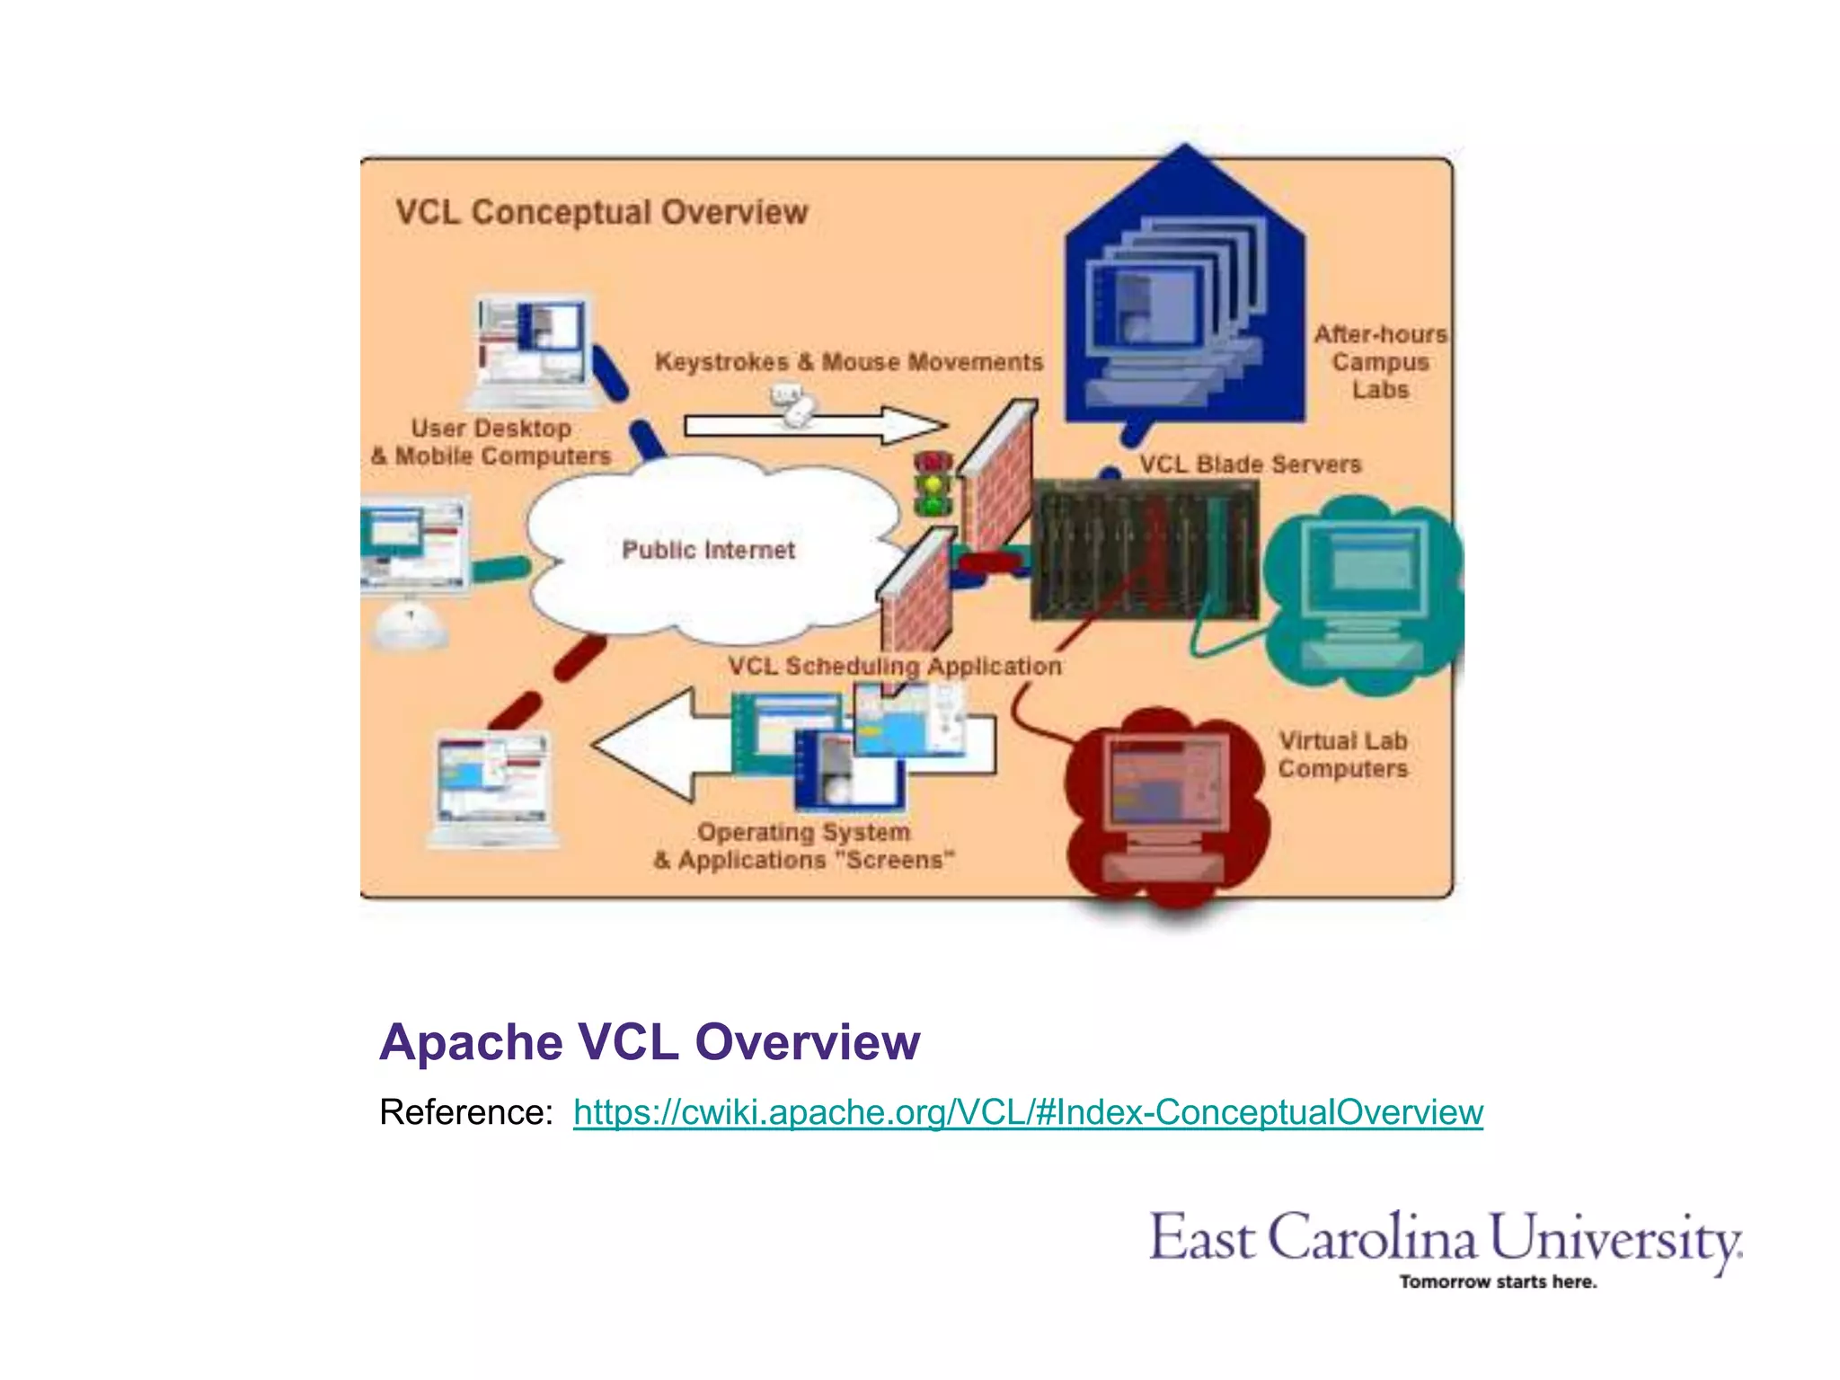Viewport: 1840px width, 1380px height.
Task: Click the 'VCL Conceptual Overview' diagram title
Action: tap(602, 213)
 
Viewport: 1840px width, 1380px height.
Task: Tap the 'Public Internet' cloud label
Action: tap(708, 550)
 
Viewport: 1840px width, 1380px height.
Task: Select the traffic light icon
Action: tap(933, 483)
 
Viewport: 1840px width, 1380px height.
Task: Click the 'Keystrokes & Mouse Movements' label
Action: tap(849, 362)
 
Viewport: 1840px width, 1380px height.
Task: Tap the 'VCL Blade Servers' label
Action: tap(1250, 464)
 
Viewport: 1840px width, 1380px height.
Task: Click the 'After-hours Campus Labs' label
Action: tap(1380, 362)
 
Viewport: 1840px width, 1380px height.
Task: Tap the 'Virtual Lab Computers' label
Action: tap(1342, 755)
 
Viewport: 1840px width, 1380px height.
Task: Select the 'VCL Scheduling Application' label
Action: tap(894, 667)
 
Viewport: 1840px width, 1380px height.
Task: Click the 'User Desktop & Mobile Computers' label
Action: tap(491, 442)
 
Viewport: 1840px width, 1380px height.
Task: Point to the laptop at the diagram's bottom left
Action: tap(492, 791)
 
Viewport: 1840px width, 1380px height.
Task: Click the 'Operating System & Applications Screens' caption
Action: tap(804, 846)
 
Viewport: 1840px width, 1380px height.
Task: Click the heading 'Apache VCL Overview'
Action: tap(650, 1042)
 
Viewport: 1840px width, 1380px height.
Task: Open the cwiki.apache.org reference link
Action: tap(1028, 1112)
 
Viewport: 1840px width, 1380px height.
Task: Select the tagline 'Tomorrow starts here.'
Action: tap(1498, 1282)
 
